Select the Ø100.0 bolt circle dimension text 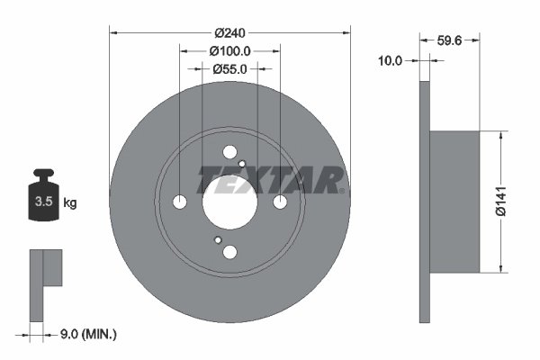(229, 52)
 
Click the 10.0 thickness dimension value (390, 60)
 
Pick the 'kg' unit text (70, 202)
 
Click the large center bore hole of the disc (229, 202)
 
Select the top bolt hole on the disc (229, 152)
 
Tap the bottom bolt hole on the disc (229, 252)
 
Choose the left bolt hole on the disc (180, 202)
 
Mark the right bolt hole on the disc (280, 202)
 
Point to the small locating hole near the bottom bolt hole (217, 240)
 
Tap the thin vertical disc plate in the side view (424, 202)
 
